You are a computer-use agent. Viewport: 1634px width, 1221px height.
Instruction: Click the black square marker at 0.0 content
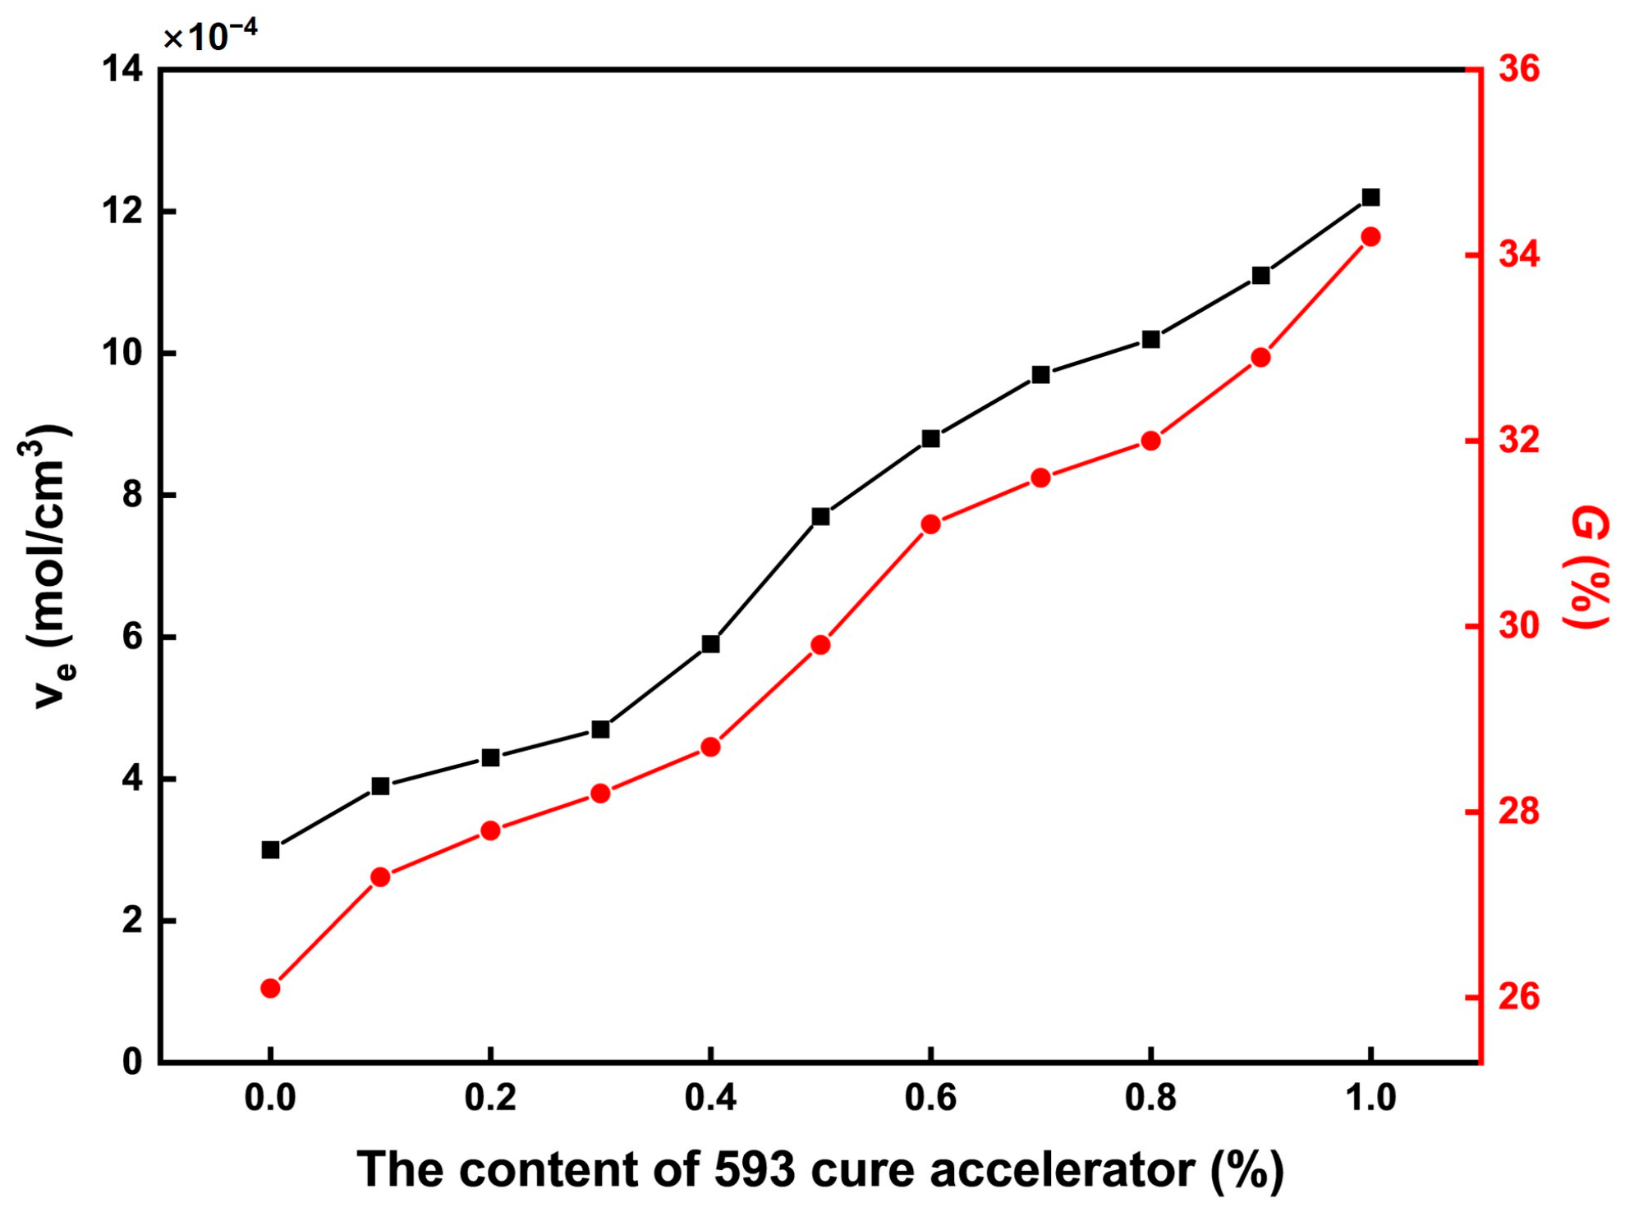[x=270, y=849]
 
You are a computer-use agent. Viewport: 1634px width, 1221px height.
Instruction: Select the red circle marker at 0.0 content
[x=270, y=988]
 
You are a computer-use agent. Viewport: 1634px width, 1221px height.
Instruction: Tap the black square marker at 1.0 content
[x=1370, y=197]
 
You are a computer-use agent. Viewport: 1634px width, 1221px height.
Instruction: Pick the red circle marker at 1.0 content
[x=1370, y=237]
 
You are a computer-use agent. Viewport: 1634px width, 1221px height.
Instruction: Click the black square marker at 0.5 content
[x=820, y=516]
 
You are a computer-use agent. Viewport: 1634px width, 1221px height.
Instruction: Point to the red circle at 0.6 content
[x=930, y=524]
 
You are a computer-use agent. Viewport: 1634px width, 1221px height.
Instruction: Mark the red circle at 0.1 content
[x=380, y=877]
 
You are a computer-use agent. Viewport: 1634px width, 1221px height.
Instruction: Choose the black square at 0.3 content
[x=600, y=729]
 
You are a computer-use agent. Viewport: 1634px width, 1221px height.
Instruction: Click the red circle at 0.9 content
[x=1260, y=357]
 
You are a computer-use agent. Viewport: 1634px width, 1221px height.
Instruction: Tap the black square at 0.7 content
[x=1040, y=374]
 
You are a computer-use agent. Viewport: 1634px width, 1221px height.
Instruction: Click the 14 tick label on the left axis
[x=122, y=69]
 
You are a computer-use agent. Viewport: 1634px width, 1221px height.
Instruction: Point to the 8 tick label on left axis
[x=132, y=496]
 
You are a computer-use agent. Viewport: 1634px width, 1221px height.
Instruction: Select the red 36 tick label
[x=1519, y=69]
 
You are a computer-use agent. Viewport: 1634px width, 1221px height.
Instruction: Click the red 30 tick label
[x=1519, y=626]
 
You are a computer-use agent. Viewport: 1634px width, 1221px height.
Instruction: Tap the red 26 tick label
[x=1519, y=997]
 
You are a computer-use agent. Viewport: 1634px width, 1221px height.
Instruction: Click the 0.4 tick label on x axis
[x=710, y=1098]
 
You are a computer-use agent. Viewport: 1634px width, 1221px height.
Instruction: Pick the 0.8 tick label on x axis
[x=1150, y=1098]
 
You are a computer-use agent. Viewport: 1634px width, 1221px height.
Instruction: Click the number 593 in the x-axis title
[x=754, y=1169]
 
